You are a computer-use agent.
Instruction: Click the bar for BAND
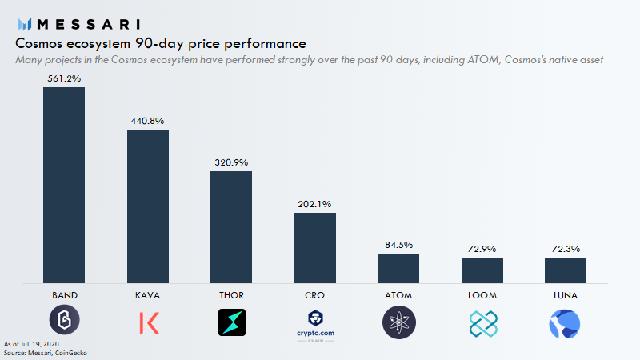pos(64,185)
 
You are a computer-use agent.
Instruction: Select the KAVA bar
pos(148,206)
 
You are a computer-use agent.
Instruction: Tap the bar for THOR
pos(231,226)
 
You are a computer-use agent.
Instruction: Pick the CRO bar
pos(315,247)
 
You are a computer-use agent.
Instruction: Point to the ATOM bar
pos(398,268)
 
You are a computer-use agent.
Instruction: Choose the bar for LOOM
pos(482,270)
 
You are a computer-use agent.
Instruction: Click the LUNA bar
pos(566,270)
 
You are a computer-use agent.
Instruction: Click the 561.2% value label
pos(64,79)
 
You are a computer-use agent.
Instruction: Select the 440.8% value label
pos(148,121)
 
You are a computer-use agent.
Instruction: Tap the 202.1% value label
pos(315,204)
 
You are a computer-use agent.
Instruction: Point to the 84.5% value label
pos(398,245)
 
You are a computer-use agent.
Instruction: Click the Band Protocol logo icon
pos(64,322)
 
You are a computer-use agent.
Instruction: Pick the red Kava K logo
pos(149,322)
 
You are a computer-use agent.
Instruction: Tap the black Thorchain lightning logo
pos(231,322)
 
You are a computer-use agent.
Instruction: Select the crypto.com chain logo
pos(315,324)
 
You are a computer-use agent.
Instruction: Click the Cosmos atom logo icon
pos(398,322)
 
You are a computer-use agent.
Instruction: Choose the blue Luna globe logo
pos(565,322)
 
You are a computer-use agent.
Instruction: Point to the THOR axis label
pos(231,295)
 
